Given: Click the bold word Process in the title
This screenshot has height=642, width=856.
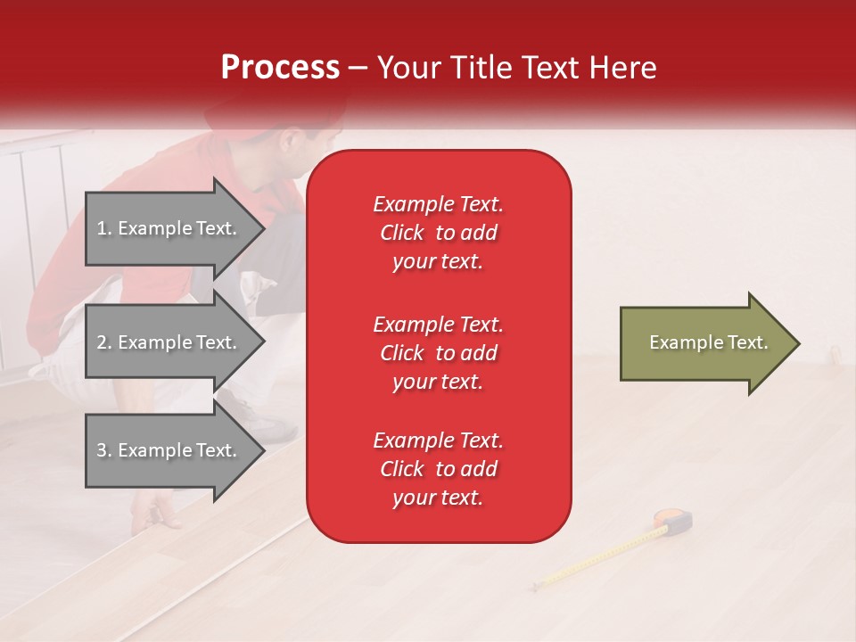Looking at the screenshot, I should (280, 67).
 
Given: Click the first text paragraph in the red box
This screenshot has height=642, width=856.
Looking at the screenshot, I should (438, 233).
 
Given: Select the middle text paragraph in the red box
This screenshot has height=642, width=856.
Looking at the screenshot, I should (438, 353).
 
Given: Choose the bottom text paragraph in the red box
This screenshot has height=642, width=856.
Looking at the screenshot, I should (438, 469).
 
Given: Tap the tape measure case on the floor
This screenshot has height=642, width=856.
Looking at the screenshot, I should (674, 521).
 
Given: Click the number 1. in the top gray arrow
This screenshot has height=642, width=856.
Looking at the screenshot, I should (103, 228).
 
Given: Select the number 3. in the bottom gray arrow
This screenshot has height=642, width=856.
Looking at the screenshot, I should (103, 450).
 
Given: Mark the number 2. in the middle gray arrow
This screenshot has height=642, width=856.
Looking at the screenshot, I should (103, 342).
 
